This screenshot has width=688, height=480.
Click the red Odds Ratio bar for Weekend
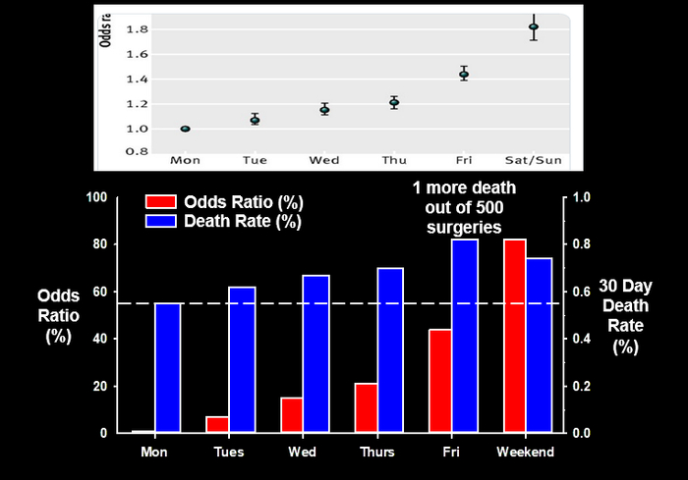pyautogui.click(x=515, y=336)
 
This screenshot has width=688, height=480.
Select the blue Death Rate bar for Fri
pyautogui.click(x=464, y=336)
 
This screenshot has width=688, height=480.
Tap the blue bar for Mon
pyautogui.click(x=166, y=368)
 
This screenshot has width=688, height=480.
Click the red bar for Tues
pyautogui.click(x=217, y=424)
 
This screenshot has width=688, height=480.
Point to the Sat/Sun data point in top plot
pyautogui.click(x=534, y=27)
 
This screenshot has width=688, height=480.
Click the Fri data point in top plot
pyautogui.click(x=464, y=74)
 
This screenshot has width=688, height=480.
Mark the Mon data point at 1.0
pyautogui.click(x=185, y=129)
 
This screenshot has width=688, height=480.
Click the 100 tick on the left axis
pyautogui.click(x=96, y=197)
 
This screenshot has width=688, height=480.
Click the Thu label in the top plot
pyautogui.click(x=394, y=159)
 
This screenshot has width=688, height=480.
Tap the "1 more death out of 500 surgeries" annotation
pyautogui.click(x=465, y=207)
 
